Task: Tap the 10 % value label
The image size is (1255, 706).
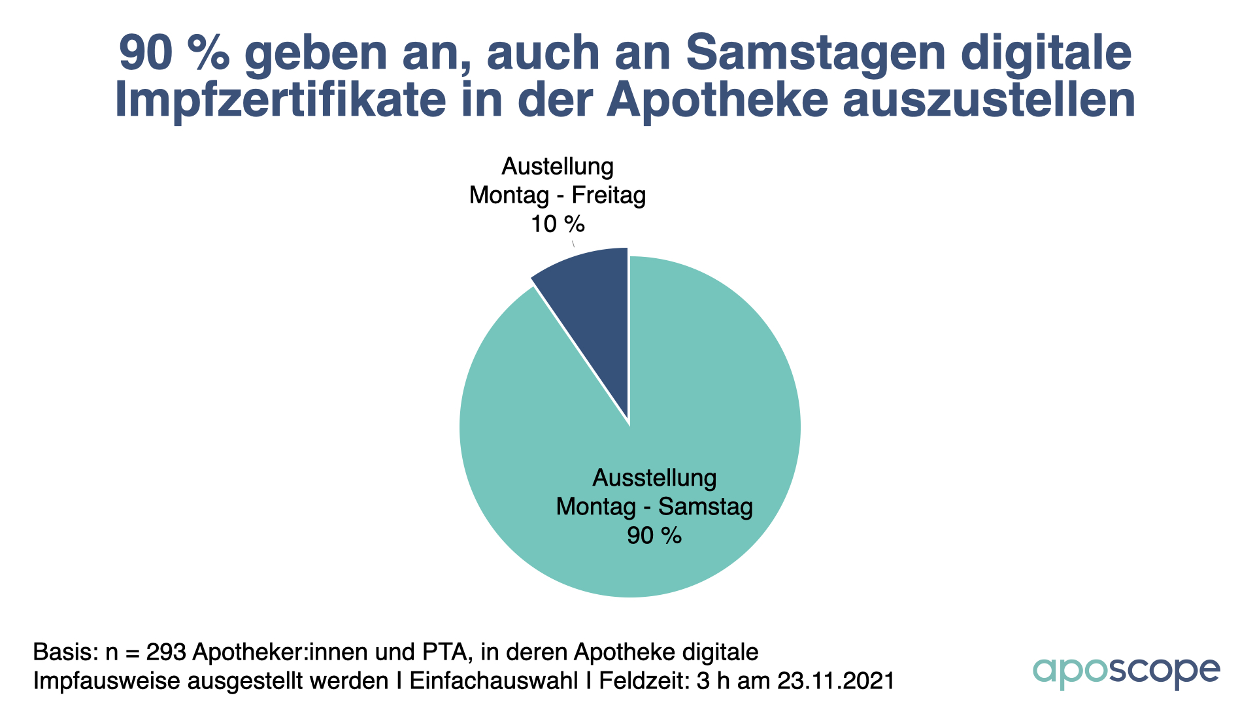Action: click(x=558, y=224)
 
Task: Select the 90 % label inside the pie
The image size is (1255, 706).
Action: click(x=654, y=535)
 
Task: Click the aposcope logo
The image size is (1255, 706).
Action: click(x=1126, y=671)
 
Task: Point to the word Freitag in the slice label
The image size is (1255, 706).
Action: click(x=609, y=195)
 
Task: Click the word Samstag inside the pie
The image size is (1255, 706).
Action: click(x=705, y=507)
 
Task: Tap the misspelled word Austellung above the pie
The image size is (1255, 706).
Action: click(x=558, y=166)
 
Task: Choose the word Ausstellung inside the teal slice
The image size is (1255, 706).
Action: click(x=654, y=478)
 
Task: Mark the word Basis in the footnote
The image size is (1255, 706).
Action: click(x=64, y=652)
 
